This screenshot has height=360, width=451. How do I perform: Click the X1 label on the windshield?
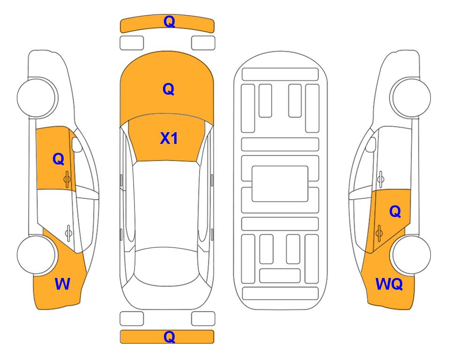[169, 138]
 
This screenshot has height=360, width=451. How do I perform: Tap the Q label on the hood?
[169, 89]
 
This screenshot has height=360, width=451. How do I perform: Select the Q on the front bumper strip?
[169, 21]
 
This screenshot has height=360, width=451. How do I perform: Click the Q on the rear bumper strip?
[169, 337]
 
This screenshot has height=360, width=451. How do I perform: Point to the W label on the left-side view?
[62, 284]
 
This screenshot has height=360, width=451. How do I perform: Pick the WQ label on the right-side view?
[389, 284]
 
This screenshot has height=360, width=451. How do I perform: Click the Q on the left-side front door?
[59, 159]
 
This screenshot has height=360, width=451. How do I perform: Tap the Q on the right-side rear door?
[395, 212]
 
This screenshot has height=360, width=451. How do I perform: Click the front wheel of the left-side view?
[37, 97]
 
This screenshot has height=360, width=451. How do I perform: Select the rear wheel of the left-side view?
[37, 255]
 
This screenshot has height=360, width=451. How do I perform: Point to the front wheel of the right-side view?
[410, 97]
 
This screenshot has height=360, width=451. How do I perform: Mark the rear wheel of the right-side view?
[411, 255]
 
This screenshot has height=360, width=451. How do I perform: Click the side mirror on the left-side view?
[77, 144]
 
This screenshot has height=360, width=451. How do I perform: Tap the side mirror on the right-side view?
[371, 144]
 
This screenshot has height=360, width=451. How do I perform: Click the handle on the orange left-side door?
[67, 179]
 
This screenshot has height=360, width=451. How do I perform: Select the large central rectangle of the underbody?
[280, 184]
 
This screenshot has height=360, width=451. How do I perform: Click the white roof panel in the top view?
[167, 205]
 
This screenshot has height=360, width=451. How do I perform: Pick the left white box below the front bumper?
[132, 43]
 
